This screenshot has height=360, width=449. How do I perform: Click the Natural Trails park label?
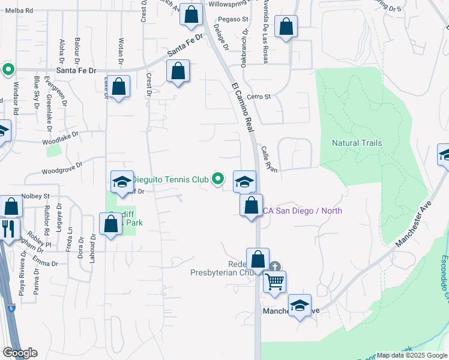point(357,143)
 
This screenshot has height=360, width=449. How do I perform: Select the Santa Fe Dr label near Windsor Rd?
point(76,70)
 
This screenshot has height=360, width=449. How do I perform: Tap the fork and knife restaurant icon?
point(8,228)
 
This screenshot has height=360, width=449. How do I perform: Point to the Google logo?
point(20,353)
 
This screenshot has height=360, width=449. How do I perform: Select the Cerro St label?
point(259,96)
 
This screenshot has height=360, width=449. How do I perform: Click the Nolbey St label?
point(35,196)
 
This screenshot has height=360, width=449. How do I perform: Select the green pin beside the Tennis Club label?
point(219,178)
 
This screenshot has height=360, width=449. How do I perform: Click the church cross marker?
point(275,266)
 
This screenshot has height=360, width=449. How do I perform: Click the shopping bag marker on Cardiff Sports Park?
point(111,224)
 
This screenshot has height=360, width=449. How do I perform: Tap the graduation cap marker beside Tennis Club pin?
point(244,181)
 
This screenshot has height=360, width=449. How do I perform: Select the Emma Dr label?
point(45,263)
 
